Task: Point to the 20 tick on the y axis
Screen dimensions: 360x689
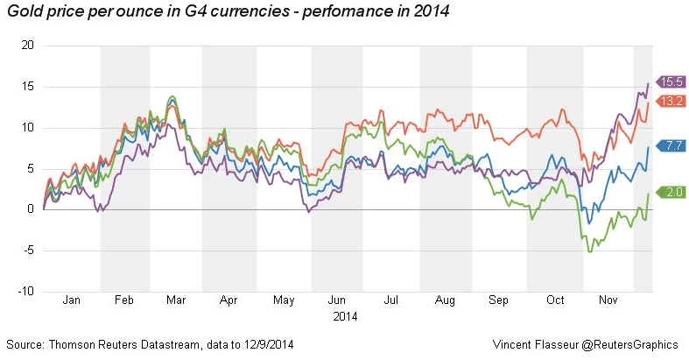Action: point(27,46)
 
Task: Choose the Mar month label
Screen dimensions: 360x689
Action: point(176,300)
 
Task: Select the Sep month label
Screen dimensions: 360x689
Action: point(498,300)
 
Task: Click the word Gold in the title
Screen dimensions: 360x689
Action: point(23,12)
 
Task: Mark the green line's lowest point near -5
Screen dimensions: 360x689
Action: point(590,252)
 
